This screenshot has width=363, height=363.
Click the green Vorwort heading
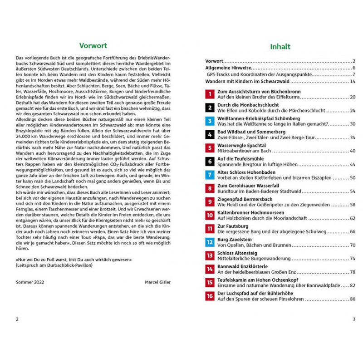coord(93,45)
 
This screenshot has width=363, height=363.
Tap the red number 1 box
coord(210,94)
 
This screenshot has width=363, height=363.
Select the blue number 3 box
coord(210,121)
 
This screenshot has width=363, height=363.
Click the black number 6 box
coord(210,161)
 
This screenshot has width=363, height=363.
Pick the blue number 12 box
coord(210,242)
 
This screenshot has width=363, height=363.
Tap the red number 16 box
coord(210,296)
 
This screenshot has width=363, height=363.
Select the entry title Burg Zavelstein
coord(233,240)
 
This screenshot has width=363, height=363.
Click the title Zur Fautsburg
coord(232,226)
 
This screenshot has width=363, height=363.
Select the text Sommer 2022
coord(29,282)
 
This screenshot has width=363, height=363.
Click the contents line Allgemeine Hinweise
coord(227,68)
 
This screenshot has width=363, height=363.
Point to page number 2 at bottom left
coord(17,319)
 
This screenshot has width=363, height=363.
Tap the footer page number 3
coord(353,319)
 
